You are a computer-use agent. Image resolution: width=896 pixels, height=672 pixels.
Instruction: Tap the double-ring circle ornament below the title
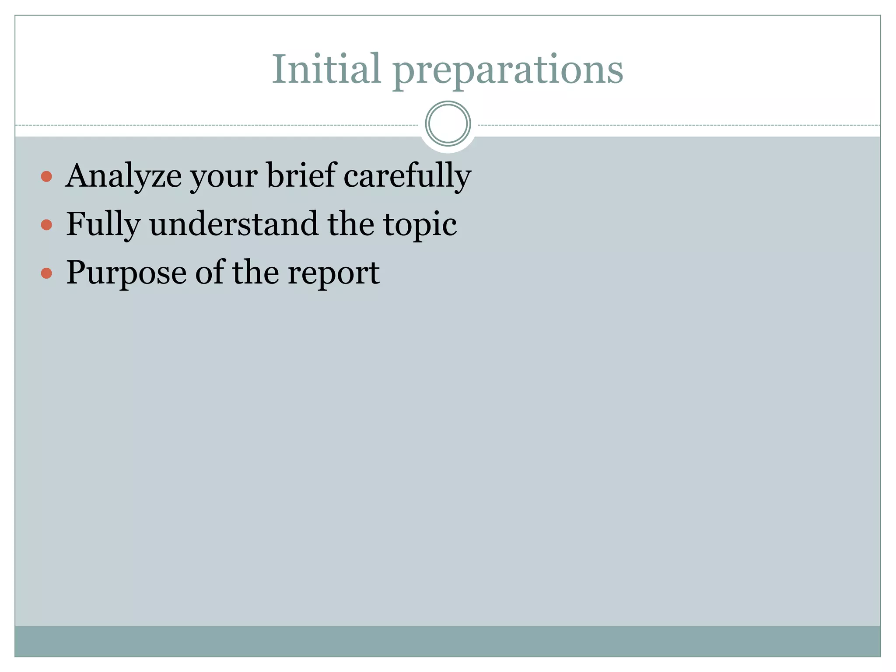(x=448, y=124)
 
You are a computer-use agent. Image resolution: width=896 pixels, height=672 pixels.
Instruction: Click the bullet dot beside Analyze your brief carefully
(x=46, y=177)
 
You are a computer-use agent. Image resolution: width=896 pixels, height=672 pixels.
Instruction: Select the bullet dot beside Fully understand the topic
(x=46, y=225)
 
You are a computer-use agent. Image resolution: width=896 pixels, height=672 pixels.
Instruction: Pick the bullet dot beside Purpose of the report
(x=46, y=273)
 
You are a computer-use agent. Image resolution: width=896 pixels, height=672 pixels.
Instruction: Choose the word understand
(x=234, y=224)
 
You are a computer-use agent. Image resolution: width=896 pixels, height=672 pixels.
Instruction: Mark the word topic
(x=420, y=226)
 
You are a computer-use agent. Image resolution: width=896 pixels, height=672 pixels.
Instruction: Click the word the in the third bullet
(x=255, y=272)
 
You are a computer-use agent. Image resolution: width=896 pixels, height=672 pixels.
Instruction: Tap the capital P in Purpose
(x=76, y=272)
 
